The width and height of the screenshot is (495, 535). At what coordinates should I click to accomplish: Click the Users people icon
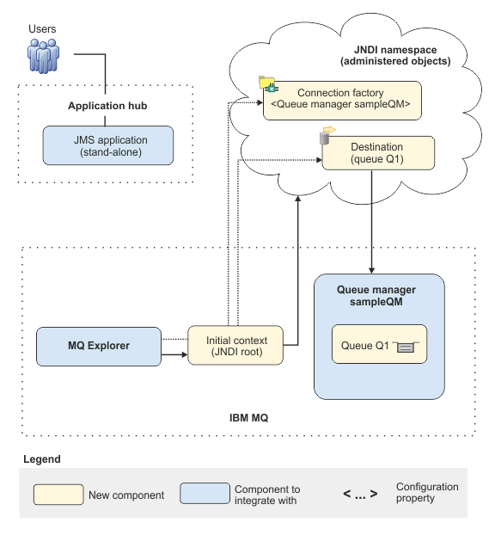coord(43,56)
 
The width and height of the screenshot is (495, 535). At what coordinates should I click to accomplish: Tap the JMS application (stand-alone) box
coord(108,145)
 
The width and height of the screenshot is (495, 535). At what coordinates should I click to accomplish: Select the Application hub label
coord(107,106)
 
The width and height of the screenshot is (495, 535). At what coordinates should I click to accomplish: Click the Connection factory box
coord(342,101)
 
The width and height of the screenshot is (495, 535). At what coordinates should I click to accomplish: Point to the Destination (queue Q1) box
coord(378,153)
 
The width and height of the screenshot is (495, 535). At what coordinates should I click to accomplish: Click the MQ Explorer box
coord(99,347)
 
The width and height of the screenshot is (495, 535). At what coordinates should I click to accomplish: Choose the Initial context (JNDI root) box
coord(235,345)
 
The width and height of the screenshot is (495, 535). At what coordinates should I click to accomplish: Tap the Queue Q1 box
coord(379,344)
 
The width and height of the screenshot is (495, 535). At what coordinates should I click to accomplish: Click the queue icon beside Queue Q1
coord(406,347)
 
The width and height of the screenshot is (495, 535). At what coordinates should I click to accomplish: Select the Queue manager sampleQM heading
coord(376,296)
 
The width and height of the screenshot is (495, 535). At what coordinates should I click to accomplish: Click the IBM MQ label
coord(249,418)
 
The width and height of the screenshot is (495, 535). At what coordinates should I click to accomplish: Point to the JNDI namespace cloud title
coord(395,55)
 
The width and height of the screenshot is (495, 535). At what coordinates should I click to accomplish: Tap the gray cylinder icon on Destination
coord(325,138)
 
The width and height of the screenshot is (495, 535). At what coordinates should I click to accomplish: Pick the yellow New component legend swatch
coord(58,494)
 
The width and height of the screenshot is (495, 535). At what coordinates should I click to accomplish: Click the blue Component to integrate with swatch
coord(205,493)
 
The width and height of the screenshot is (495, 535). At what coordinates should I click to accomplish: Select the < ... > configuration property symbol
coord(360,494)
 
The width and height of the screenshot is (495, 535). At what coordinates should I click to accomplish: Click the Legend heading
coord(42,459)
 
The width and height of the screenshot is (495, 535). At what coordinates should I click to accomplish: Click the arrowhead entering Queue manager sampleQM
coord(371,271)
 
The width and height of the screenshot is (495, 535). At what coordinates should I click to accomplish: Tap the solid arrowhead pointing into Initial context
coord(185,355)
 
